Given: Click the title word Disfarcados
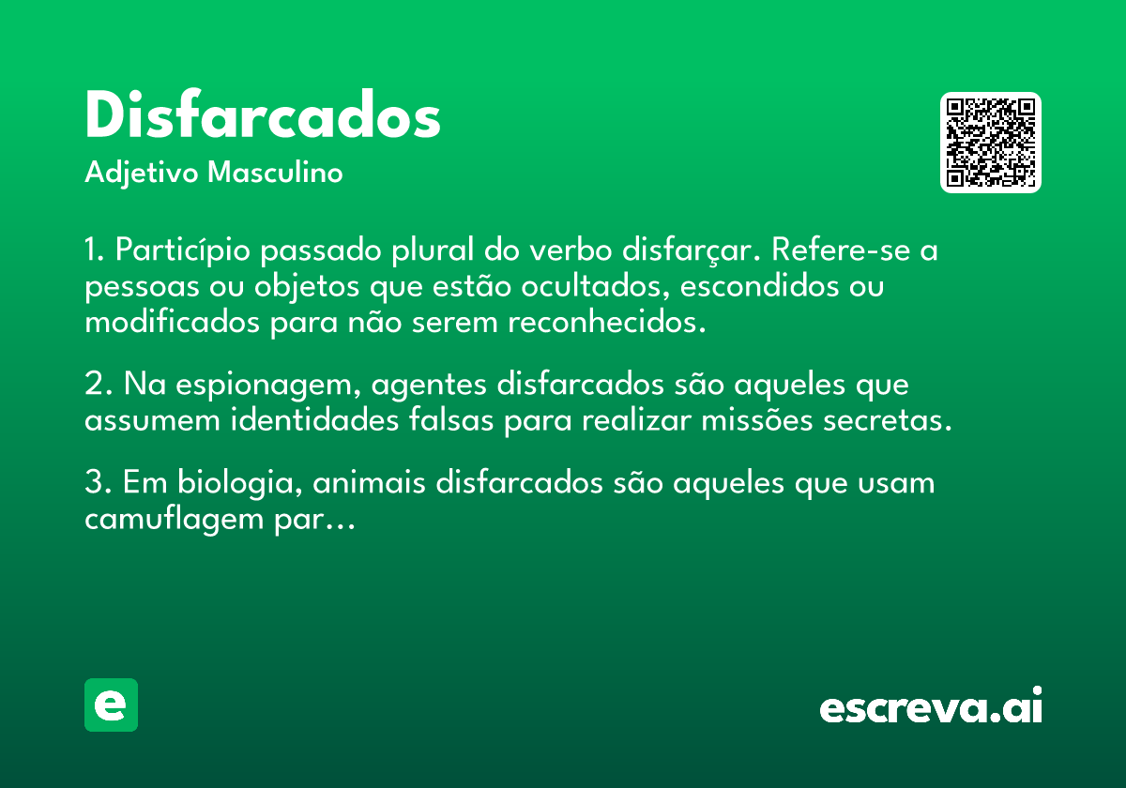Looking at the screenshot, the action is click(x=263, y=114).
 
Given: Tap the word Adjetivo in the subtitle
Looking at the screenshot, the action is click(x=142, y=174).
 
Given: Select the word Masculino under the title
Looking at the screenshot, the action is click(x=275, y=172).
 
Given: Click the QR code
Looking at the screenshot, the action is click(x=990, y=143).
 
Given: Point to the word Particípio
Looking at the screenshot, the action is click(x=182, y=250).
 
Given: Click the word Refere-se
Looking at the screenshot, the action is click(x=841, y=250).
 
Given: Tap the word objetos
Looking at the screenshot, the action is click(x=307, y=287).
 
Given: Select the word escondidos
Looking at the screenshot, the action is click(x=759, y=286).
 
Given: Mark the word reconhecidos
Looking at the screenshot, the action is click(x=607, y=322).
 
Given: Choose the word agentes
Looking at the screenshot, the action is click(x=429, y=386).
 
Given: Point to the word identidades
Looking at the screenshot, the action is click(x=314, y=419).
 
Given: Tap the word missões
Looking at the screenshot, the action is click(x=757, y=419).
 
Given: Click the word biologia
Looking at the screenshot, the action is click(x=240, y=483).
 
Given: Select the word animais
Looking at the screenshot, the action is click(x=369, y=482).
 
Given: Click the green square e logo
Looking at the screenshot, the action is click(x=111, y=705).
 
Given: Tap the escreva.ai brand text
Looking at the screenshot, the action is click(x=931, y=705).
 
